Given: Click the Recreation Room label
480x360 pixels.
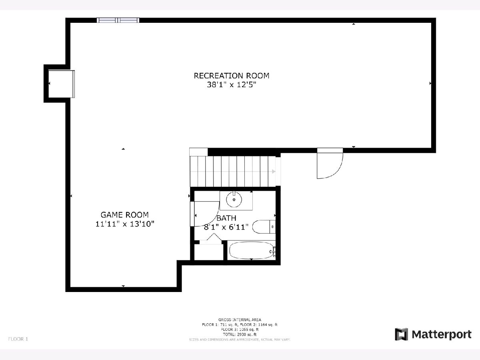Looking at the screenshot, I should tap(231, 76).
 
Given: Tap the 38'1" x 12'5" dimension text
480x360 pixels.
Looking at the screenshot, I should tap(231, 85).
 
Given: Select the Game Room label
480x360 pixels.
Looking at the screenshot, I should tap(124, 214).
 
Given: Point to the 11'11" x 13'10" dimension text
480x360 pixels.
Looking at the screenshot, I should tap(124, 224).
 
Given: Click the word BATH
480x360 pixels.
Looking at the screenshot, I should tap(226, 218).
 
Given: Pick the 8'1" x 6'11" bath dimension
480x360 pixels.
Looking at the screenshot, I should tap(226, 227).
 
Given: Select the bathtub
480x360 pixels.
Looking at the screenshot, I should tap(251, 250).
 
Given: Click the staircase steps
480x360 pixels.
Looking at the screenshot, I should tap(232, 171).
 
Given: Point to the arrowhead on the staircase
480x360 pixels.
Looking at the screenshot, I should tap(274, 172).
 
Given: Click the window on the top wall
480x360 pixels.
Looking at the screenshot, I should tap(118, 20).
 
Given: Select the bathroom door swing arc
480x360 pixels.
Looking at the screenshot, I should tap(206, 214).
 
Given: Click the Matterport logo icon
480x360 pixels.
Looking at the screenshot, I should tap(401, 334).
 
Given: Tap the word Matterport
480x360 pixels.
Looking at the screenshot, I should tap(442, 334).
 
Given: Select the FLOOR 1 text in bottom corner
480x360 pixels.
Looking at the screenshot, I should tap(18, 339).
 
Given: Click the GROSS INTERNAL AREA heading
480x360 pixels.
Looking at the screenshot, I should tap(240, 320).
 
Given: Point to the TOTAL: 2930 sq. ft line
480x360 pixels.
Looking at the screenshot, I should tap(240, 334).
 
